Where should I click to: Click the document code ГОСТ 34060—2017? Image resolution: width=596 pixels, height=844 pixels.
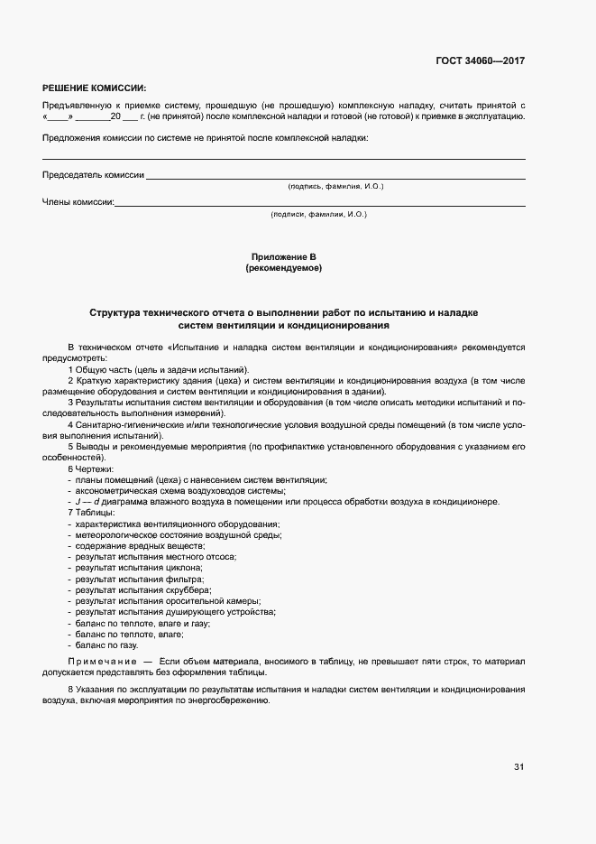click(481, 61)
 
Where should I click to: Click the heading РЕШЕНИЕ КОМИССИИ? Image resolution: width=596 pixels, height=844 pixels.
click(94, 88)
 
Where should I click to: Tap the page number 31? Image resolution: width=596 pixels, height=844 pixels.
click(518, 767)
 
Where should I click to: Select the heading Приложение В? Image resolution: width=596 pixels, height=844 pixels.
click(283, 257)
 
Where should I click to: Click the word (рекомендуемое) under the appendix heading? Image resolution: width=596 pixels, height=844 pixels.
click(283, 268)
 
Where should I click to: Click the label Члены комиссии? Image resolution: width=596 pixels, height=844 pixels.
click(78, 202)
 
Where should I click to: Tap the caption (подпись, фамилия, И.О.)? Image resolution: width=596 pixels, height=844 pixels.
click(335, 186)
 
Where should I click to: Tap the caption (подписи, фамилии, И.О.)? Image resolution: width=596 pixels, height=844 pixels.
click(318, 214)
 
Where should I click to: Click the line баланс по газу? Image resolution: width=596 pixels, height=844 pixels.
click(106, 645)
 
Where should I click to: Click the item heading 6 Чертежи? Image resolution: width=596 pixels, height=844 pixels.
click(91, 469)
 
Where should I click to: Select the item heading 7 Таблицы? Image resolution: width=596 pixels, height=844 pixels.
click(91, 513)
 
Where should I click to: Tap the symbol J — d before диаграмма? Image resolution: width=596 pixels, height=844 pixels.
click(87, 502)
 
